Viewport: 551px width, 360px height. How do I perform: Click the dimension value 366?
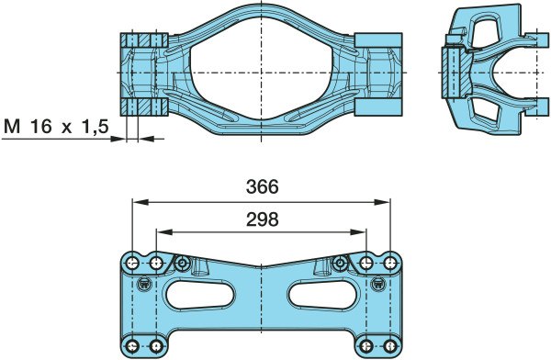pos(262,186)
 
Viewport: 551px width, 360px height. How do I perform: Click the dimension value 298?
pos(262,219)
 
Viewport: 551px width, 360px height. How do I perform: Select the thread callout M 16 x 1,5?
pos(56,127)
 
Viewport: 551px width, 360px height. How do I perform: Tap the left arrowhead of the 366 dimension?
pos(140,202)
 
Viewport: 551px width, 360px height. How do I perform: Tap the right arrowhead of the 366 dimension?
pos(382,202)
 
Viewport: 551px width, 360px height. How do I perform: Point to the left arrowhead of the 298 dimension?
pos(163,231)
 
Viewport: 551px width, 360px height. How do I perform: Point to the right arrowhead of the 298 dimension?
pos(359,231)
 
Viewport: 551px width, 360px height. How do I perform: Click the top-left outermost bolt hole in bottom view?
pos(132,263)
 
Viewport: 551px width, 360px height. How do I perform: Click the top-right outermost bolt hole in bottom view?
pos(389,263)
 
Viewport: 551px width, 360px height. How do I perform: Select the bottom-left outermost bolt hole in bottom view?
pos(132,346)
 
